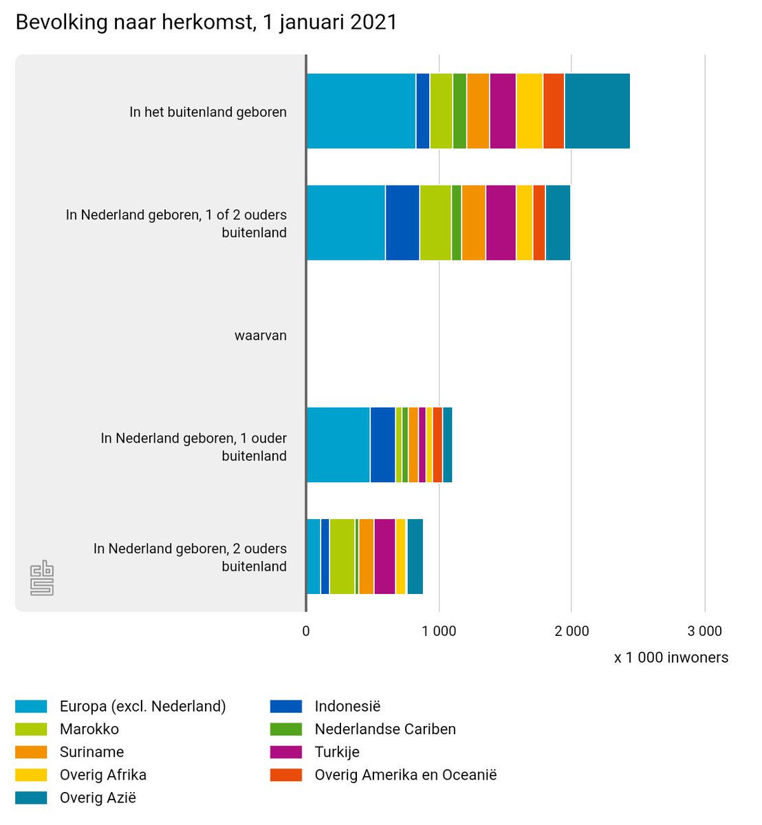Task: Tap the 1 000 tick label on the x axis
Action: point(439,631)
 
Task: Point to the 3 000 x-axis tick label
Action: point(705,631)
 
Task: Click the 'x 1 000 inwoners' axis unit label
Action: point(671,657)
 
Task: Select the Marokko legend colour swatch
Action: point(31,729)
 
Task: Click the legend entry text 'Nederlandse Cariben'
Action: point(385,729)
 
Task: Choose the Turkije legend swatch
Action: point(285,752)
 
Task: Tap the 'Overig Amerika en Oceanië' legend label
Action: point(405,775)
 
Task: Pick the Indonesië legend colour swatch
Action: point(285,707)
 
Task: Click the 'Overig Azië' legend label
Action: point(98,797)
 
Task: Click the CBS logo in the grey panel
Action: point(42,577)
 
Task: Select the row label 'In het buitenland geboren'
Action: point(208,112)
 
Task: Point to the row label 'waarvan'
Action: point(260,335)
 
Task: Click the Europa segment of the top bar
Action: point(360,111)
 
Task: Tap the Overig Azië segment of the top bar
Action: point(597,111)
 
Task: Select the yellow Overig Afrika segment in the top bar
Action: point(529,111)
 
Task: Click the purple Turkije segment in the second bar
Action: point(501,223)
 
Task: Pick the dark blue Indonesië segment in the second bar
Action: point(402,223)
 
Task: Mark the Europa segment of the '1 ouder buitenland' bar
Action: point(338,445)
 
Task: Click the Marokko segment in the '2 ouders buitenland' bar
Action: point(342,556)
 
